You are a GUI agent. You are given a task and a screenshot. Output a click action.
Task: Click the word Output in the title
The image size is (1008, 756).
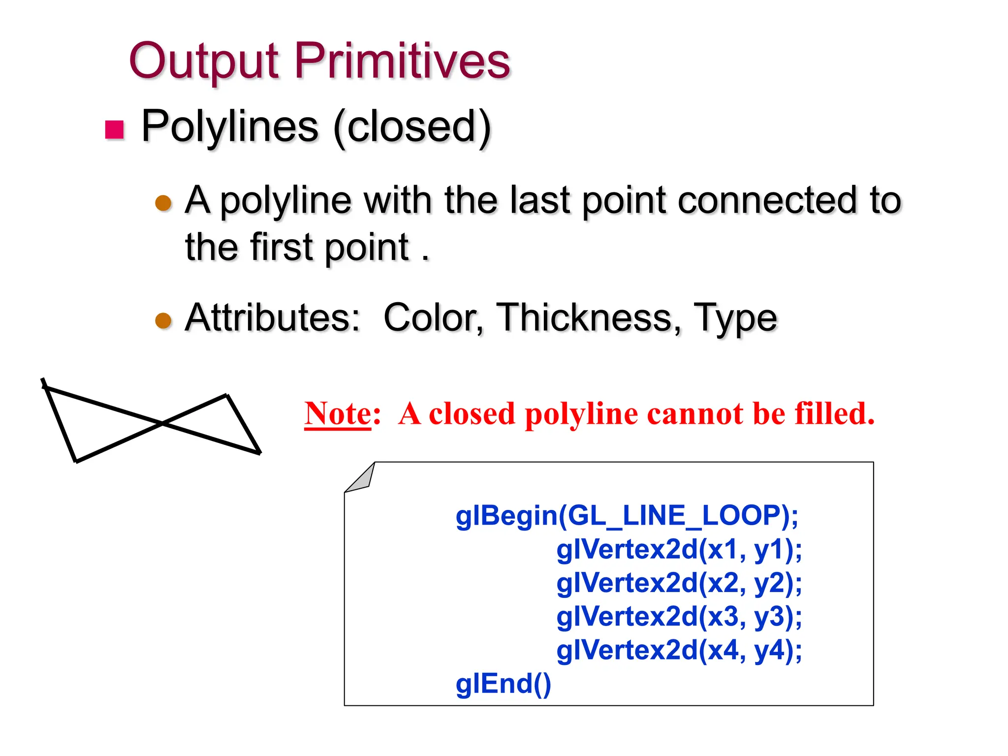(x=204, y=62)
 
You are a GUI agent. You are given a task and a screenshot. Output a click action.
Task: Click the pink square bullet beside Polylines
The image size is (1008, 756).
(x=115, y=130)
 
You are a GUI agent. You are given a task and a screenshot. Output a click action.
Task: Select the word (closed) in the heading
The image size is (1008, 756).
(x=412, y=127)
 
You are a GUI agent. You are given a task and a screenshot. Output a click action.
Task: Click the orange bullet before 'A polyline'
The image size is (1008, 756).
(x=163, y=203)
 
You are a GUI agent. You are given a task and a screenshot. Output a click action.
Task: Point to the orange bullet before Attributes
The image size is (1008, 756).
(x=163, y=320)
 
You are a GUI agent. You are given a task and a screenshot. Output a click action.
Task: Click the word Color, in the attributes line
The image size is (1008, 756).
(x=433, y=318)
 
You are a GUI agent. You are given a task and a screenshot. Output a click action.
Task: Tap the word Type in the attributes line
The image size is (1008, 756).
(x=735, y=319)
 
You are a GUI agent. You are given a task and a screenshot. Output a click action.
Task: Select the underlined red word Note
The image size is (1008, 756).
(x=338, y=413)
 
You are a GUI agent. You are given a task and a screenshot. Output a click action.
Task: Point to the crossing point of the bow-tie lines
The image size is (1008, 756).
(x=162, y=423)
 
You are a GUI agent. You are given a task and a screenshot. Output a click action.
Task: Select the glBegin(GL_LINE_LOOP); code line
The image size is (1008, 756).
(x=627, y=516)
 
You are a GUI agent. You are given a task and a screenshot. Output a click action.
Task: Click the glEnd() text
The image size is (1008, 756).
(x=503, y=684)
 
